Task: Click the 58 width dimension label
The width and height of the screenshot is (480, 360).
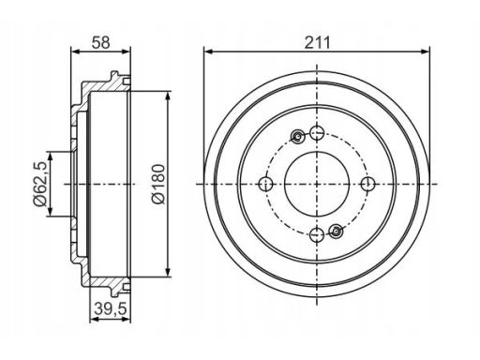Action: tap(101, 42)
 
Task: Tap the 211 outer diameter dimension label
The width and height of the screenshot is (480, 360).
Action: tap(317, 42)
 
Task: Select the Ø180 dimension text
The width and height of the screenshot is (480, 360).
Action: tap(158, 184)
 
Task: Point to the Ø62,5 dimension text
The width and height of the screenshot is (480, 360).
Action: tap(41, 184)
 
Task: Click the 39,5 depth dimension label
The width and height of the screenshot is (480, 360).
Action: tap(110, 309)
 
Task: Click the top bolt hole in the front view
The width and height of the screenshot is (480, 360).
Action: tap(317, 133)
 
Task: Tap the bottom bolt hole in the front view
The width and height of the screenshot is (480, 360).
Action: tap(317, 235)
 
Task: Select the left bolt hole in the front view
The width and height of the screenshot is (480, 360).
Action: tap(265, 184)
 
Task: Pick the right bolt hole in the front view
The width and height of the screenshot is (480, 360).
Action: tap(368, 184)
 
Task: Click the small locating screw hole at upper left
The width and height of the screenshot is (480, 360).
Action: tap(298, 136)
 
